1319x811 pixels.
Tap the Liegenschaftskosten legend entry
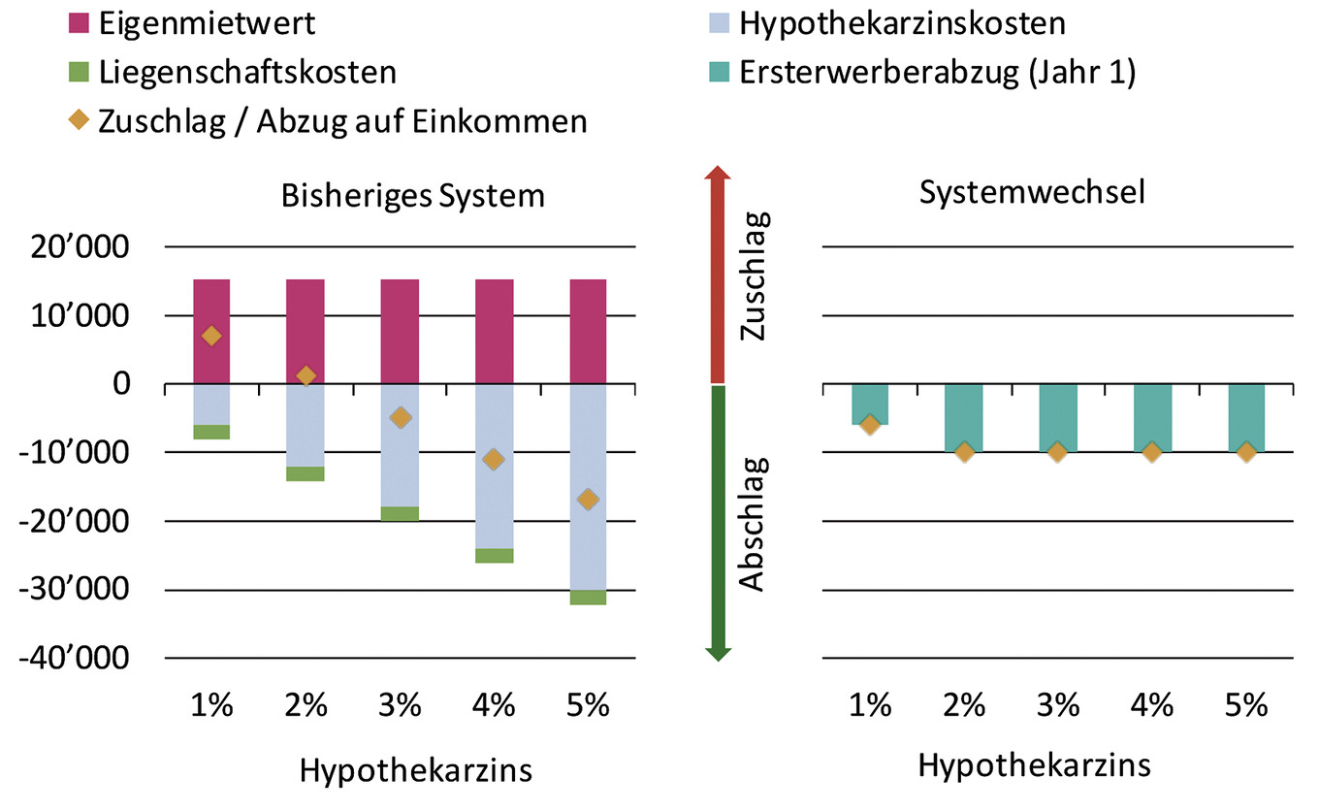pos(246,72)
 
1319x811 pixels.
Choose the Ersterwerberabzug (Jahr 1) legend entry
pos(936,72)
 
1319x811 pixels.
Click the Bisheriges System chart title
pos(412,195)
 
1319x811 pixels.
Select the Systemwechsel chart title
pos(1032,192)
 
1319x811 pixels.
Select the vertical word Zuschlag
pos(755,276)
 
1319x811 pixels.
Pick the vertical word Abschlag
pos(755,524)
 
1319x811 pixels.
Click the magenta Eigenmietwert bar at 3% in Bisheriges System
pos(400,331)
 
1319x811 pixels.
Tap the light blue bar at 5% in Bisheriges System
pos(588,485)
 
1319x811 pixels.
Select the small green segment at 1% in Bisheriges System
pos(211,432)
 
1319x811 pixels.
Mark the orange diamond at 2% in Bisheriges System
pos(306,375)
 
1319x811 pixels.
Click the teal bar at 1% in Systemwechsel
pos(870,404)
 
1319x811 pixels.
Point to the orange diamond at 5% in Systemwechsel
pos(1246,452)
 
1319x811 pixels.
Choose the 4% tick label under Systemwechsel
pos(1152,705)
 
